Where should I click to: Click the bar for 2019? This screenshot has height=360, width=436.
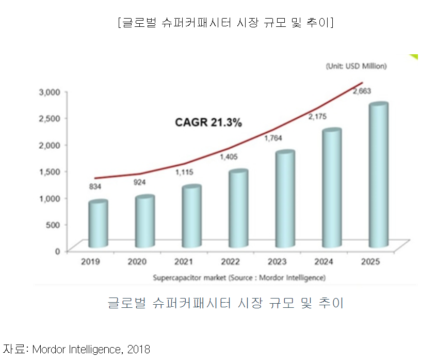tap(98, 224)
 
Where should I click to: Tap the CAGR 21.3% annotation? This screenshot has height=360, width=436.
tap(208, 122)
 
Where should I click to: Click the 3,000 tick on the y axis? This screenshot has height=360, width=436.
tap(50, 92)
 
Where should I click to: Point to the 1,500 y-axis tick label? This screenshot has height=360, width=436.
tap(50, 171)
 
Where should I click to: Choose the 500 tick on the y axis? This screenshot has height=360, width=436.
tap(54, 225)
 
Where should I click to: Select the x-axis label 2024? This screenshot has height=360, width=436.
tap(324, 262)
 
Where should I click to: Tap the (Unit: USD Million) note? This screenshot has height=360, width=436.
tap(356, 66)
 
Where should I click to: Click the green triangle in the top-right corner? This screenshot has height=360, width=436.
tap(414, 57)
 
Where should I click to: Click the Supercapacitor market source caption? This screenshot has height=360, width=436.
tap(239, 278)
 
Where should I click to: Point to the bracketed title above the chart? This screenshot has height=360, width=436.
tap(225, 23)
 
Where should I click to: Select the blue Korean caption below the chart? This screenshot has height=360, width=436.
tap(225, 303)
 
